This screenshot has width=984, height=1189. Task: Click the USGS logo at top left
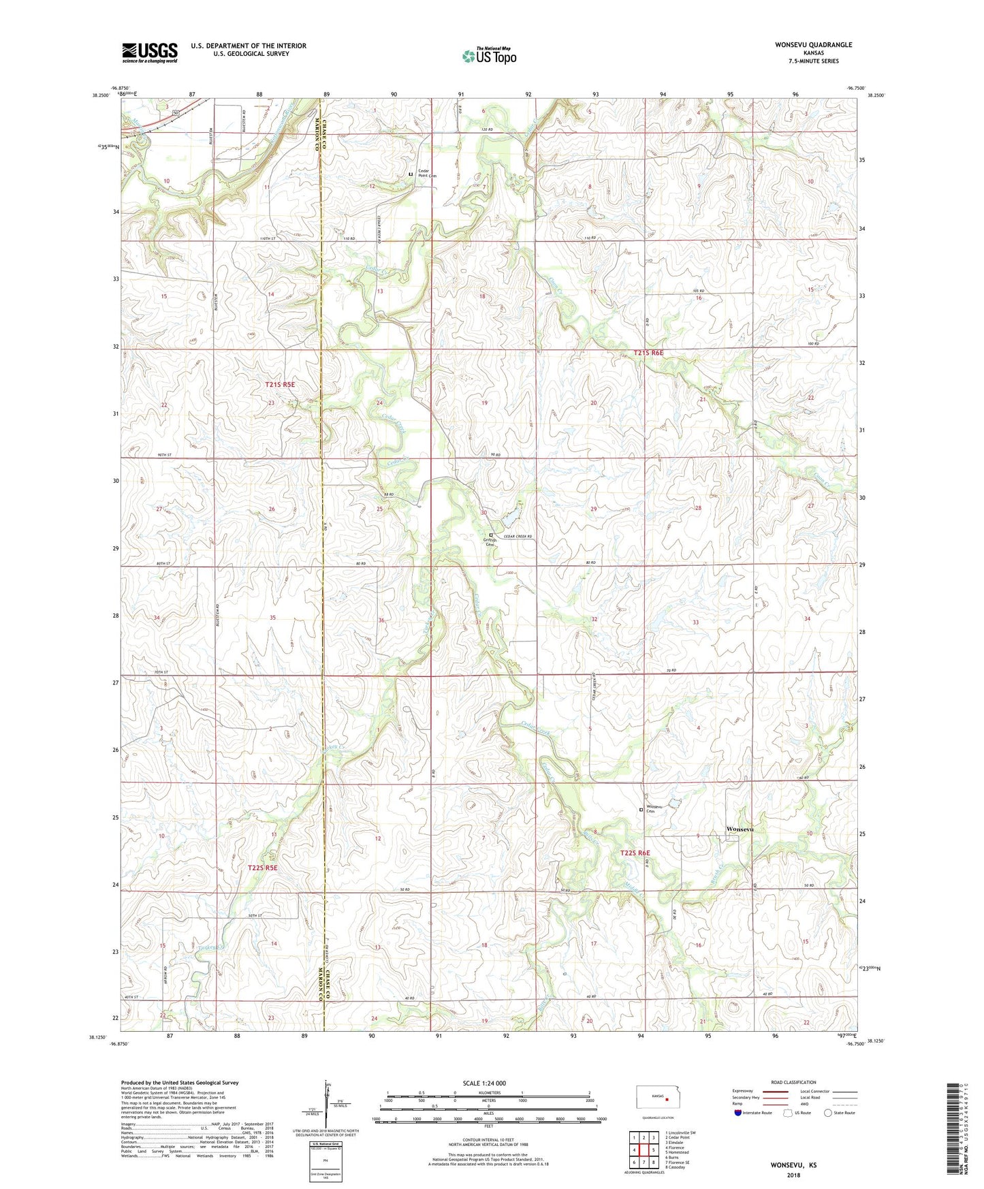point(150,52)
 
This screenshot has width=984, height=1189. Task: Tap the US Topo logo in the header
point(489,56)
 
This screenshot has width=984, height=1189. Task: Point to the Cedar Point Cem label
point(427,174)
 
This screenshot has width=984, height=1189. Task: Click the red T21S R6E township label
point(648,353)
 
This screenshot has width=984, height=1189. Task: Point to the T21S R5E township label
point(280,385)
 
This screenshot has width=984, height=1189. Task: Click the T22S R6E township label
point(635,853)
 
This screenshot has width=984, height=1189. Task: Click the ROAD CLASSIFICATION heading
point(793,1082)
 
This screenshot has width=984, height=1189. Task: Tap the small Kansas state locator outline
point(653,1099)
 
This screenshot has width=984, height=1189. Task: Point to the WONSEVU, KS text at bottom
point(793,1165)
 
